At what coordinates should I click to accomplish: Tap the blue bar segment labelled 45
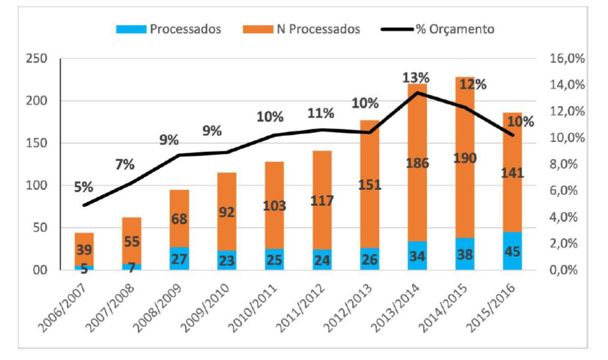514,252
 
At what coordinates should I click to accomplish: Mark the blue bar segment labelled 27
180,259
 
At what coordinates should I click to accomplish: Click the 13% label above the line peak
416,78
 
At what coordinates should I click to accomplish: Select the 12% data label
473,84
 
